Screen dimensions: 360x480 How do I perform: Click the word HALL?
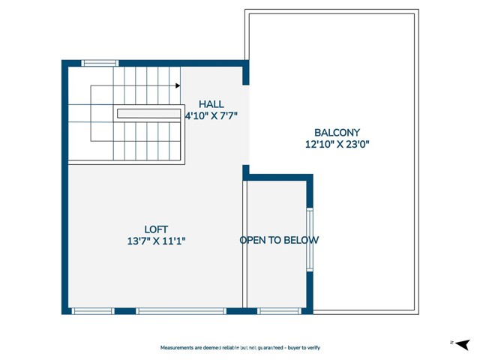pos(211,104)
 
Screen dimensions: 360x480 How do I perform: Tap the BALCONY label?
pos(337,133)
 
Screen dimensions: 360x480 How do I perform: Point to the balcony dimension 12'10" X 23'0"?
pos(337,145)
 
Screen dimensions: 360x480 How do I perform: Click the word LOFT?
pos(156,229)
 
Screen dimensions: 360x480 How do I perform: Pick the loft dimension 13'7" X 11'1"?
pos(156,241)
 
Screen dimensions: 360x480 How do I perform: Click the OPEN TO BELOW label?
pos(279,241)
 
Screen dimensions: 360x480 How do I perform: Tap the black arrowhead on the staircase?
pos(178,85)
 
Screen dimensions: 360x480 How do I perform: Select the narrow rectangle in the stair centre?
pos(148,113)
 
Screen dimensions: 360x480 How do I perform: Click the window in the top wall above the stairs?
pos(100,64)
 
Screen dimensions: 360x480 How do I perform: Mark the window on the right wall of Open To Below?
pos(309,239)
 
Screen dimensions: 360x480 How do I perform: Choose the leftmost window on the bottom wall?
pos(93,310)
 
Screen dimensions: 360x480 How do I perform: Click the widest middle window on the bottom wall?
pos(181,310)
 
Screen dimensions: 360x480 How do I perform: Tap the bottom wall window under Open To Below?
pos(279,310)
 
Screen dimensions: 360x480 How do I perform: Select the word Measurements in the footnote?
pos(178,348)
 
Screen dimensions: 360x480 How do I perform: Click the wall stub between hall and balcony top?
pos(245,74)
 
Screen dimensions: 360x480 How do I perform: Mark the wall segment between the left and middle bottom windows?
pos(125,310)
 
